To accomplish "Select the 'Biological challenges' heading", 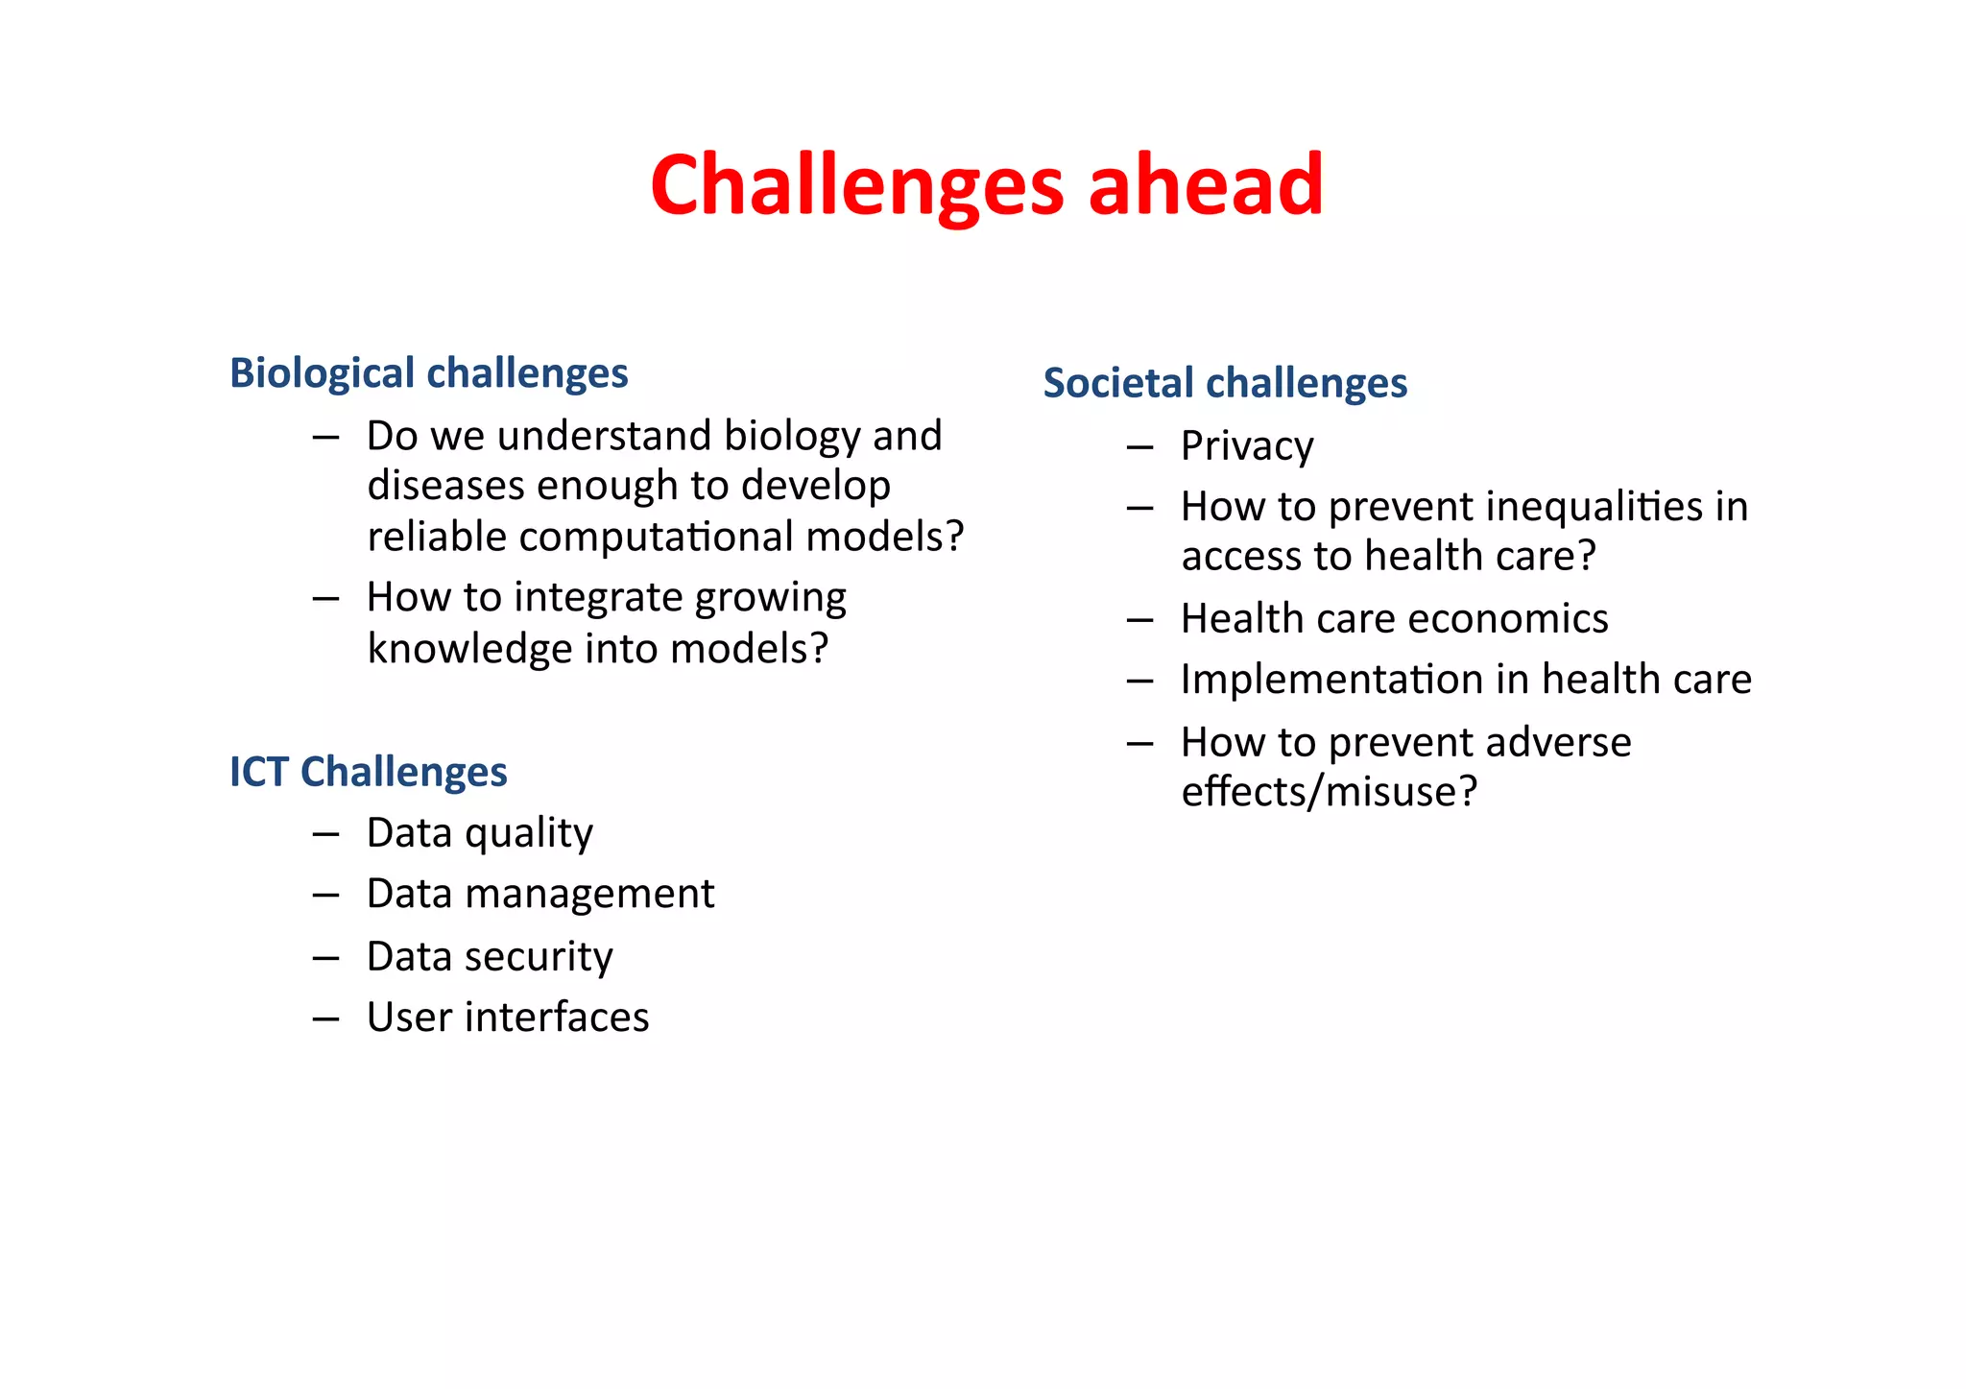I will point(428,372).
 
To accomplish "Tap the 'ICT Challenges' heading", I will point(368,771).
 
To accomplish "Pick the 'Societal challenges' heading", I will point(1225,382).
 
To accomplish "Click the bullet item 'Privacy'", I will point(1246,445).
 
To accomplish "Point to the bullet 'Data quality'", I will point(479,832).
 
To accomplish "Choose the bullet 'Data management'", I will point(539,894).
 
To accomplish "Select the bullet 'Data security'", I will point(490,956).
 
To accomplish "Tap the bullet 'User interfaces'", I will point(507,1017).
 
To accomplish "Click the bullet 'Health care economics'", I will point(1394,618).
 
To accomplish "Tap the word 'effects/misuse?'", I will point(1329,792).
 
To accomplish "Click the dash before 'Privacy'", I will point(1139,447).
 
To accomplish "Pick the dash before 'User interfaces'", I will point(325,1018).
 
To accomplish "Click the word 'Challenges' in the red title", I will point(856,184).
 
